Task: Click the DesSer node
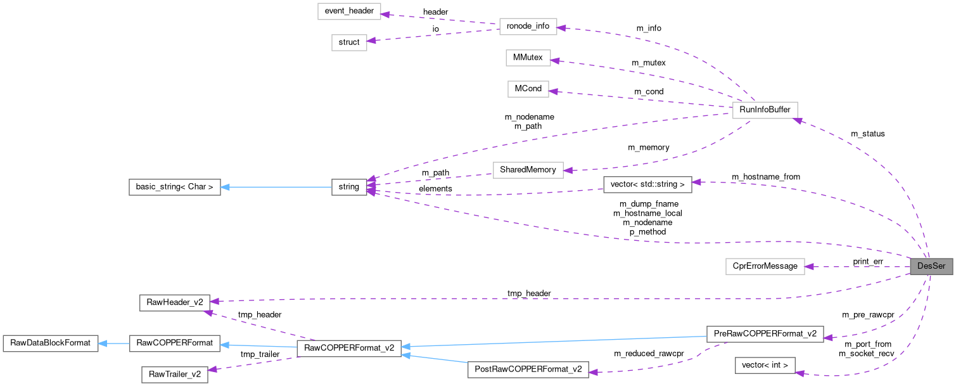tap(930, 266)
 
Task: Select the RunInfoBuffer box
tap(764, 110)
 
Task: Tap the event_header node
tap(349, 11)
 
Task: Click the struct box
tap(349, 42)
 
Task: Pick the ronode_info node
tap(528, 27)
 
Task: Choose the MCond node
tap(528, 89)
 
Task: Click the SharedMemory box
tap(528, 169)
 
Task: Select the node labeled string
tap(349, 187)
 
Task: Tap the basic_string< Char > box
tap(174, 187)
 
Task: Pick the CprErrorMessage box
tap(765, 266)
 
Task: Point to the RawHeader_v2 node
tap(174, 302)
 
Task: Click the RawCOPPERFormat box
tap(174, 344)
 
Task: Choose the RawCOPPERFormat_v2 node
tap(349, 347)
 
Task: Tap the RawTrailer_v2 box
tap(174, 375)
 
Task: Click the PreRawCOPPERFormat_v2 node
tap(764, 333)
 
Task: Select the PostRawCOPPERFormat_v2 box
tap(528, 370)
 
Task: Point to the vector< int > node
tap(764, 365)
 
